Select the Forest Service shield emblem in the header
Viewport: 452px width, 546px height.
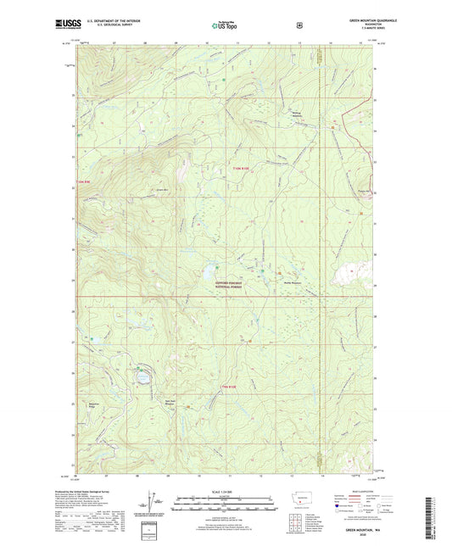[x=299, y=25]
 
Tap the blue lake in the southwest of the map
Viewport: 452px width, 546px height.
[x=142, y=375]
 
